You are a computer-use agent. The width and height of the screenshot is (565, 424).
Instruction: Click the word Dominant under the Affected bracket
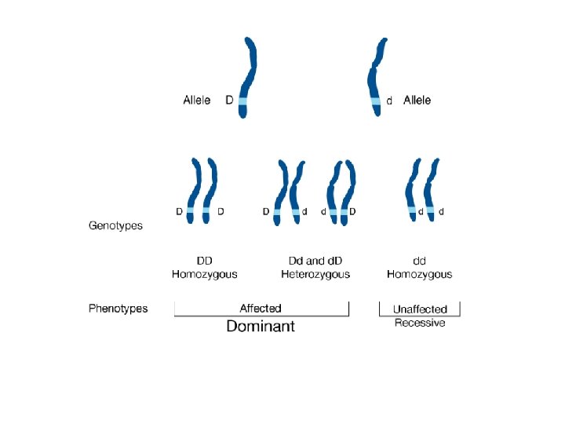click(x=261, y=326)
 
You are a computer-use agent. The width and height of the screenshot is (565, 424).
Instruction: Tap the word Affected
click(x=261, y=309)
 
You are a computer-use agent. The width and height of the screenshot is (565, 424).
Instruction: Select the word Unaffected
click(x=420, y=309)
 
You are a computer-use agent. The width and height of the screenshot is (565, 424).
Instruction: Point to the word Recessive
click(x=420, y=323)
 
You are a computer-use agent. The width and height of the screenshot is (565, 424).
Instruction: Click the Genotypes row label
click(x=115, y=226)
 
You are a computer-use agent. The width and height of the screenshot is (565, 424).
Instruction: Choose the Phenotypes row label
click(x=118, y=309)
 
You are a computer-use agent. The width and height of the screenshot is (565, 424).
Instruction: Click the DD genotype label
click(x=204, y=261)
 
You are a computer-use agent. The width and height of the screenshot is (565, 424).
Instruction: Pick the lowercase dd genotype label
click(x=420, y=261)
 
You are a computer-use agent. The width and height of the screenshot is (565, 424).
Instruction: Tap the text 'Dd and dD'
click(x=315, y=261)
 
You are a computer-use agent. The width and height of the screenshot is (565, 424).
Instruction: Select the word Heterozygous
click(x=315, y=274)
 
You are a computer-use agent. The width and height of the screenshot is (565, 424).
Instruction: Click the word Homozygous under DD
click(x=204, y=274)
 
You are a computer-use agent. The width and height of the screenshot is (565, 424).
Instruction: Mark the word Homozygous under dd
click(x=420, y=274)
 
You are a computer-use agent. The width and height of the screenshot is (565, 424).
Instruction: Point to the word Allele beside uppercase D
click(x=197, y=101)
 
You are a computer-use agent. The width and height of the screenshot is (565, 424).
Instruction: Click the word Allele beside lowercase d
click(x=417, y=101)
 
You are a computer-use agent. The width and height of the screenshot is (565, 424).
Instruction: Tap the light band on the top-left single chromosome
click(x=242, y=101)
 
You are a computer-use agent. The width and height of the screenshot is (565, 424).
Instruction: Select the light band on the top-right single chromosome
click(x=376, y=101)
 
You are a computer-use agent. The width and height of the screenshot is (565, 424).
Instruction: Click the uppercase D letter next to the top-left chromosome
click(x=229, y=101)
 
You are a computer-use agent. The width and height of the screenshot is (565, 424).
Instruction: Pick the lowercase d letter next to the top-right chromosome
click(x=389, y=101)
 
